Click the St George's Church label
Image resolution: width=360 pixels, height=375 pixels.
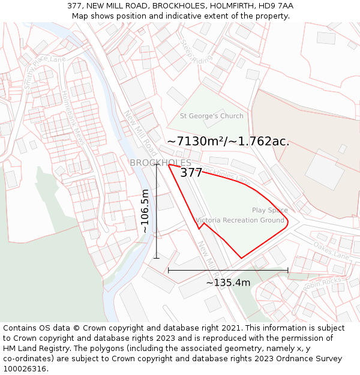[x=212, y=116]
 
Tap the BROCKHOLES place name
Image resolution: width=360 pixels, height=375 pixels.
[x=160, y=163]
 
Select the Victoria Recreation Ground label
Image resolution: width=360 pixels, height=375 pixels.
[x=240, y=220]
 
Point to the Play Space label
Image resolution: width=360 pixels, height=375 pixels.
[x=270, y=211]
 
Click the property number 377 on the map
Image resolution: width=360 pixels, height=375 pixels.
[x=191, y=173]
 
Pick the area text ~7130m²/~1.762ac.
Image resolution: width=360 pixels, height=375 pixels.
[x=228, y=142]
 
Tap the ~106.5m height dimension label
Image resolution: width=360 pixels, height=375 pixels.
[x=145, y=211]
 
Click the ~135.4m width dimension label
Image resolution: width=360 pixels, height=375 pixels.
[x=228, y=283]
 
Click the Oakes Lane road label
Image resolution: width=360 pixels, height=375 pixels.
[x=331, y=251]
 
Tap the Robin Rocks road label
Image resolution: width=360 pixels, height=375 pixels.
[x=322, y=283]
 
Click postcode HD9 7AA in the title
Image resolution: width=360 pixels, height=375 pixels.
[x=277, y=6]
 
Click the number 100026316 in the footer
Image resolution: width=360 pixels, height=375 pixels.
[x=26, y=368]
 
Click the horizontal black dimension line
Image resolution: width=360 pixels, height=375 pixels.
[x=228, y=271]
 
